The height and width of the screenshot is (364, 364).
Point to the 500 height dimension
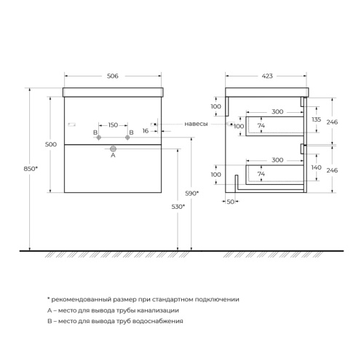pos(50,144)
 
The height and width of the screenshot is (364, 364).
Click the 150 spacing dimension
pos(112,124)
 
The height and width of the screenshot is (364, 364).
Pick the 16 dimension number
pos(145,131)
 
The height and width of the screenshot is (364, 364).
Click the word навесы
pos(196,124)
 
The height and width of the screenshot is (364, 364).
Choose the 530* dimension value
pos(178,206)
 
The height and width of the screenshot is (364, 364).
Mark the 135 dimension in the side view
pos(316,119)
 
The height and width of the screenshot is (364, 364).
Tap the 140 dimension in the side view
pos(316,167)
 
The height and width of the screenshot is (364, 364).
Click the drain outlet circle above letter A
pos(113,146)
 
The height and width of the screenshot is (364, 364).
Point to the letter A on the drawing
pos(113,154)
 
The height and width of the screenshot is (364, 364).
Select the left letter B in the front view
pos(95,132)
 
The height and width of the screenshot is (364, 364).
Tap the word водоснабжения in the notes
pos(154,320)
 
